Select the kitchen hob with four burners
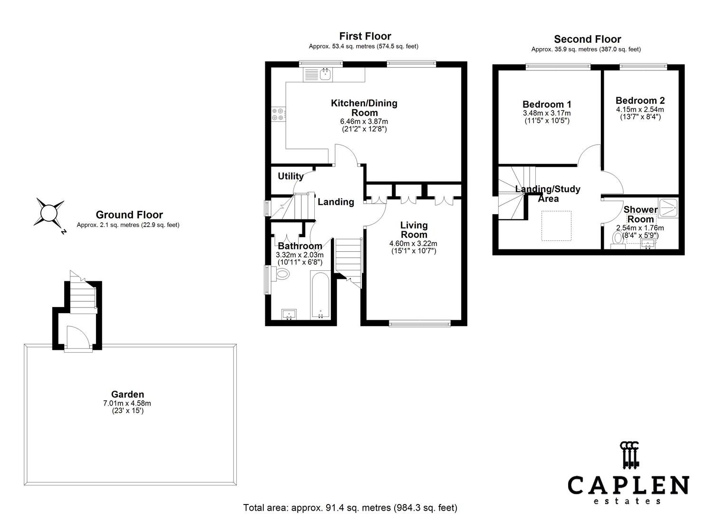[x=279, y=115]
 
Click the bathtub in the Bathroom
[x=320, y=295]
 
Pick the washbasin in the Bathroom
[x=289, y=315]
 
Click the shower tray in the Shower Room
[x=668, y=208]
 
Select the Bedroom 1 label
[x=547, y=104]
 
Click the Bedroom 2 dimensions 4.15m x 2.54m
[x=640, y=110]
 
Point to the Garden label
[x=127, y=395]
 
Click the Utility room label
[x=290, y=176]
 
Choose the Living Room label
[x=414, y=230]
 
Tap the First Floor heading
[x=365, y=36]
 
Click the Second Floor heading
[x=588, y=39]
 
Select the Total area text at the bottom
[x=350, y=508]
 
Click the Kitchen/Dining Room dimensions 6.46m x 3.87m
[x=364, y=121]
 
